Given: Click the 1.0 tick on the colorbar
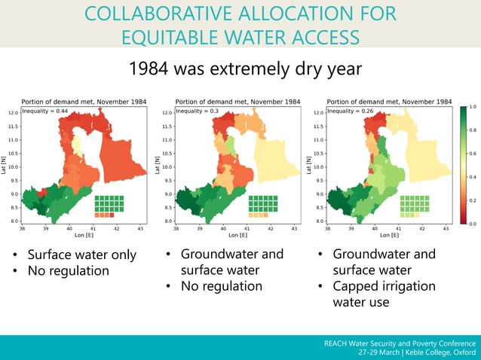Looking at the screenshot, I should (473, 108).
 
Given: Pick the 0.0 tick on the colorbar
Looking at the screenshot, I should (473, 224).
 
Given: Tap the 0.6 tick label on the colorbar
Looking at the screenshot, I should (473, 154).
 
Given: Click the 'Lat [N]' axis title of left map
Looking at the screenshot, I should (5, 166).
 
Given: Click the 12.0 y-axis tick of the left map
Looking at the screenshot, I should (14, 113).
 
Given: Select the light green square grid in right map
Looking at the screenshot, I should (415, 205).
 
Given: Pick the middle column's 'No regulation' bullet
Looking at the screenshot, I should (222, 286).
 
